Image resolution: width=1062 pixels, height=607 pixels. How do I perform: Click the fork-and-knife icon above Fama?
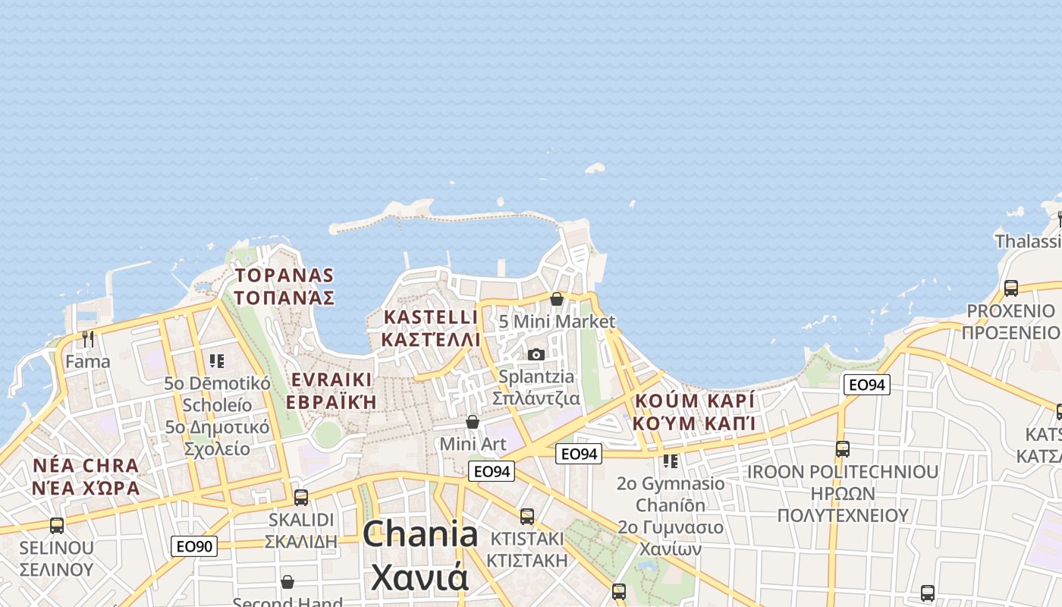(88, 338)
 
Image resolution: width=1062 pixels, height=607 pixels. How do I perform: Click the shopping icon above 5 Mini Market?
(557, 299)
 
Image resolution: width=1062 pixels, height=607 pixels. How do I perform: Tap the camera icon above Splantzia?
(536, 354)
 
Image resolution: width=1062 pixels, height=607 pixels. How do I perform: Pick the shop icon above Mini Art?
(473, 422)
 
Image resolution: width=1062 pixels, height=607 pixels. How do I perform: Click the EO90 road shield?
(194, 546)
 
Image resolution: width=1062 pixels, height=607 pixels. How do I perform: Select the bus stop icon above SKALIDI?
(301, 498)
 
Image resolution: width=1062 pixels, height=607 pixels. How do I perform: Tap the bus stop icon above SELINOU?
(57, 525)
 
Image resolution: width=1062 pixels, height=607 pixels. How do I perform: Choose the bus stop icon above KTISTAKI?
(527, 517)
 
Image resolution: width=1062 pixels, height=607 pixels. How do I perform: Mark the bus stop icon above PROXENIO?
(1011, 288)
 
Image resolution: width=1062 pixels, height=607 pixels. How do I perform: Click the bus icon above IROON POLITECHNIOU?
(843, 449)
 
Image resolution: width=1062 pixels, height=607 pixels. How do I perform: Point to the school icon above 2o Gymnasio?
(671, 461)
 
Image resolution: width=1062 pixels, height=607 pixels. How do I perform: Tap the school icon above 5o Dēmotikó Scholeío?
(218, 361)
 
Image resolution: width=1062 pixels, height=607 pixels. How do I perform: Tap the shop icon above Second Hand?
(287, 582)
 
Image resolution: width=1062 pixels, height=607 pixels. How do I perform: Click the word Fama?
(88, 361)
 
